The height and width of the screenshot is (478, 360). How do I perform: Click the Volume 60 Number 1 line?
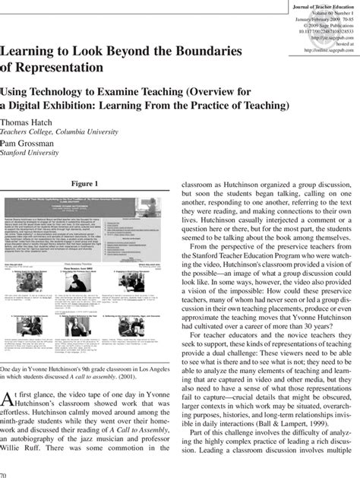click(x=326, y=14)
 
